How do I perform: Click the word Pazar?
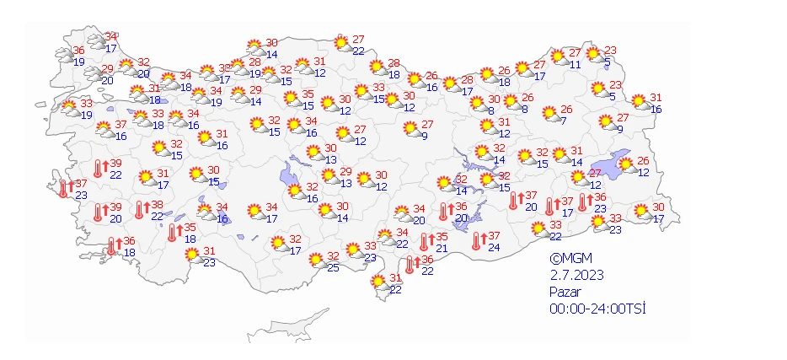click(565, 292)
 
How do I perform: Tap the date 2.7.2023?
click(577, 276)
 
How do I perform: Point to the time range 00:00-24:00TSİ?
click(597, 309)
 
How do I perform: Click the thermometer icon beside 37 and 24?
click(477, 242)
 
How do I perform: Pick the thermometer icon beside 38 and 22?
click(140, 210)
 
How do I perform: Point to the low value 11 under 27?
click(576, 64)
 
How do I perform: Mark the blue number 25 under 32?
click(333, 267)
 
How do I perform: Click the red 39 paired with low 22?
click(115, 164)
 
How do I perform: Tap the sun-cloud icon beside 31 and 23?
click(194, 256)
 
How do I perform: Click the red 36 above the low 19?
click(79, 51)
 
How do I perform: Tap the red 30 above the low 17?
click(659, 207)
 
